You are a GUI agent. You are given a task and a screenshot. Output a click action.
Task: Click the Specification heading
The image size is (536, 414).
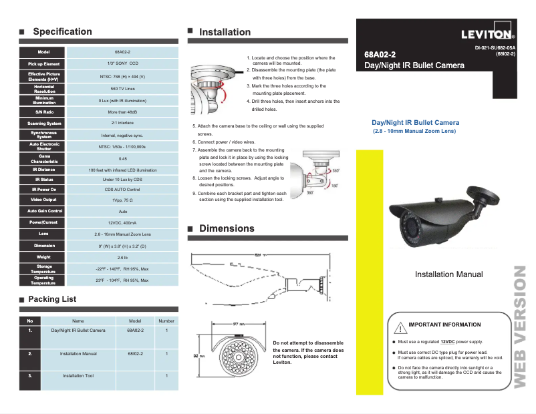[x=62, y=31]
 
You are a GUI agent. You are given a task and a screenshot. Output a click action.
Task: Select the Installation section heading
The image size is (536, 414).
[x=225, y=32]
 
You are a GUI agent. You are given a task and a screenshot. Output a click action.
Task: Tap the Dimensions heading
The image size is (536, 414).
[x=227, y=228]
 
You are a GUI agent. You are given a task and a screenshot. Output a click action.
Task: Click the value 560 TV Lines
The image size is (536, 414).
[x=123, y=88]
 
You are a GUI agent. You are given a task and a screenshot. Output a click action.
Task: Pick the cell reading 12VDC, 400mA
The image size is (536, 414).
[x=123, y=222]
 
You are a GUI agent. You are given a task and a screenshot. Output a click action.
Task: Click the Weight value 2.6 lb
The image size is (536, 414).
[x=123, y=257]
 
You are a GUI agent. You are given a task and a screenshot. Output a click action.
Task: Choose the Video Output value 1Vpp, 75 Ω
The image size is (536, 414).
[x=123, y=200]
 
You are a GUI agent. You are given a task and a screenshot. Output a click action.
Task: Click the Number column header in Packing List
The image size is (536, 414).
[x=166, y=321]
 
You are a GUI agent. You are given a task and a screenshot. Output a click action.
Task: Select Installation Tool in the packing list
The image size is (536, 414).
[x=78, y=376]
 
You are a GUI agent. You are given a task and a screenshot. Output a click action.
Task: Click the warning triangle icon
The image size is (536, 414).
[x=399, y=327]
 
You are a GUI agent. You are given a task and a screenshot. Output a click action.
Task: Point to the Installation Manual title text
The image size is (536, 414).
[x=448, y=274]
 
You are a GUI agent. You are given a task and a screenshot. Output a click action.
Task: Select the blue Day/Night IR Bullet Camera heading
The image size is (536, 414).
[x=415, y=123]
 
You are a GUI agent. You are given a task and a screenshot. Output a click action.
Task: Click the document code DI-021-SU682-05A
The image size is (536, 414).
[x=495, y=48]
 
